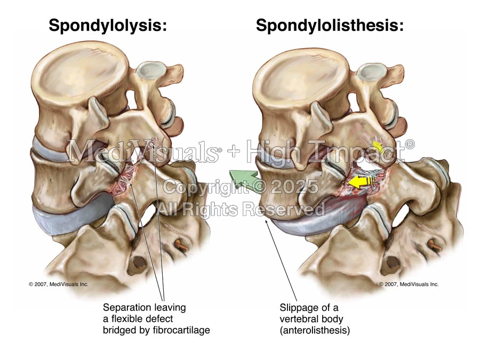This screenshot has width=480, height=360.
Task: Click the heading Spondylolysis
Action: [108, 25]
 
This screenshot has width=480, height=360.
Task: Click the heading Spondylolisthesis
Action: [330, 25]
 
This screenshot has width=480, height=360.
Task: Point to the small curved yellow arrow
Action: [377, 146]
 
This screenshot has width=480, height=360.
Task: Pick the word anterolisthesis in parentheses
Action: [315, 330]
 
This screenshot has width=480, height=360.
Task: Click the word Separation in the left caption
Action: [124, 308]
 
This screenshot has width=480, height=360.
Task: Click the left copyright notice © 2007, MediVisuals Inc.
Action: [59, 284]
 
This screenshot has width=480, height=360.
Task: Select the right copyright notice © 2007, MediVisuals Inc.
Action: [409, 284]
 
